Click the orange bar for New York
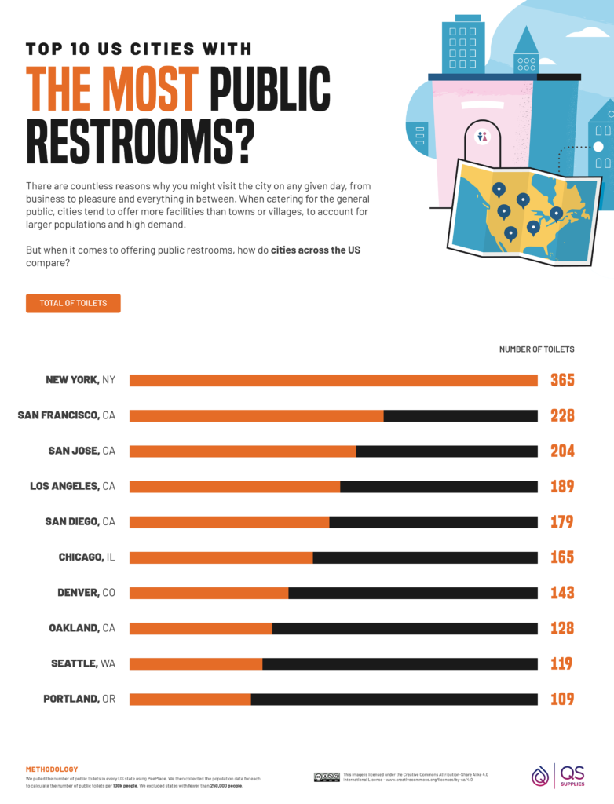(333, 380)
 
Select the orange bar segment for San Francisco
(256, 415)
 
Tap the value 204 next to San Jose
(561, 451)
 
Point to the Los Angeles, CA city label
(72, 486)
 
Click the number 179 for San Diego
(561, 521)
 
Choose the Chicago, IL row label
(86, 557)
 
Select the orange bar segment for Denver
(209, 593)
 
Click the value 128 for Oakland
(561, 628)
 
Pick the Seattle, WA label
(83, 663)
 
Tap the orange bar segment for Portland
(190, 699)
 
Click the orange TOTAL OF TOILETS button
(73, 303)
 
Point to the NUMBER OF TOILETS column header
(536, 349)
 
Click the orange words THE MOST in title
(112, 90)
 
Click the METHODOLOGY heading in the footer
(52, 769)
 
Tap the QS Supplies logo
(558, 775)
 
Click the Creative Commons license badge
(327, 777)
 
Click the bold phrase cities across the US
(315, 250)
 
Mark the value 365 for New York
(561, 380)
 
